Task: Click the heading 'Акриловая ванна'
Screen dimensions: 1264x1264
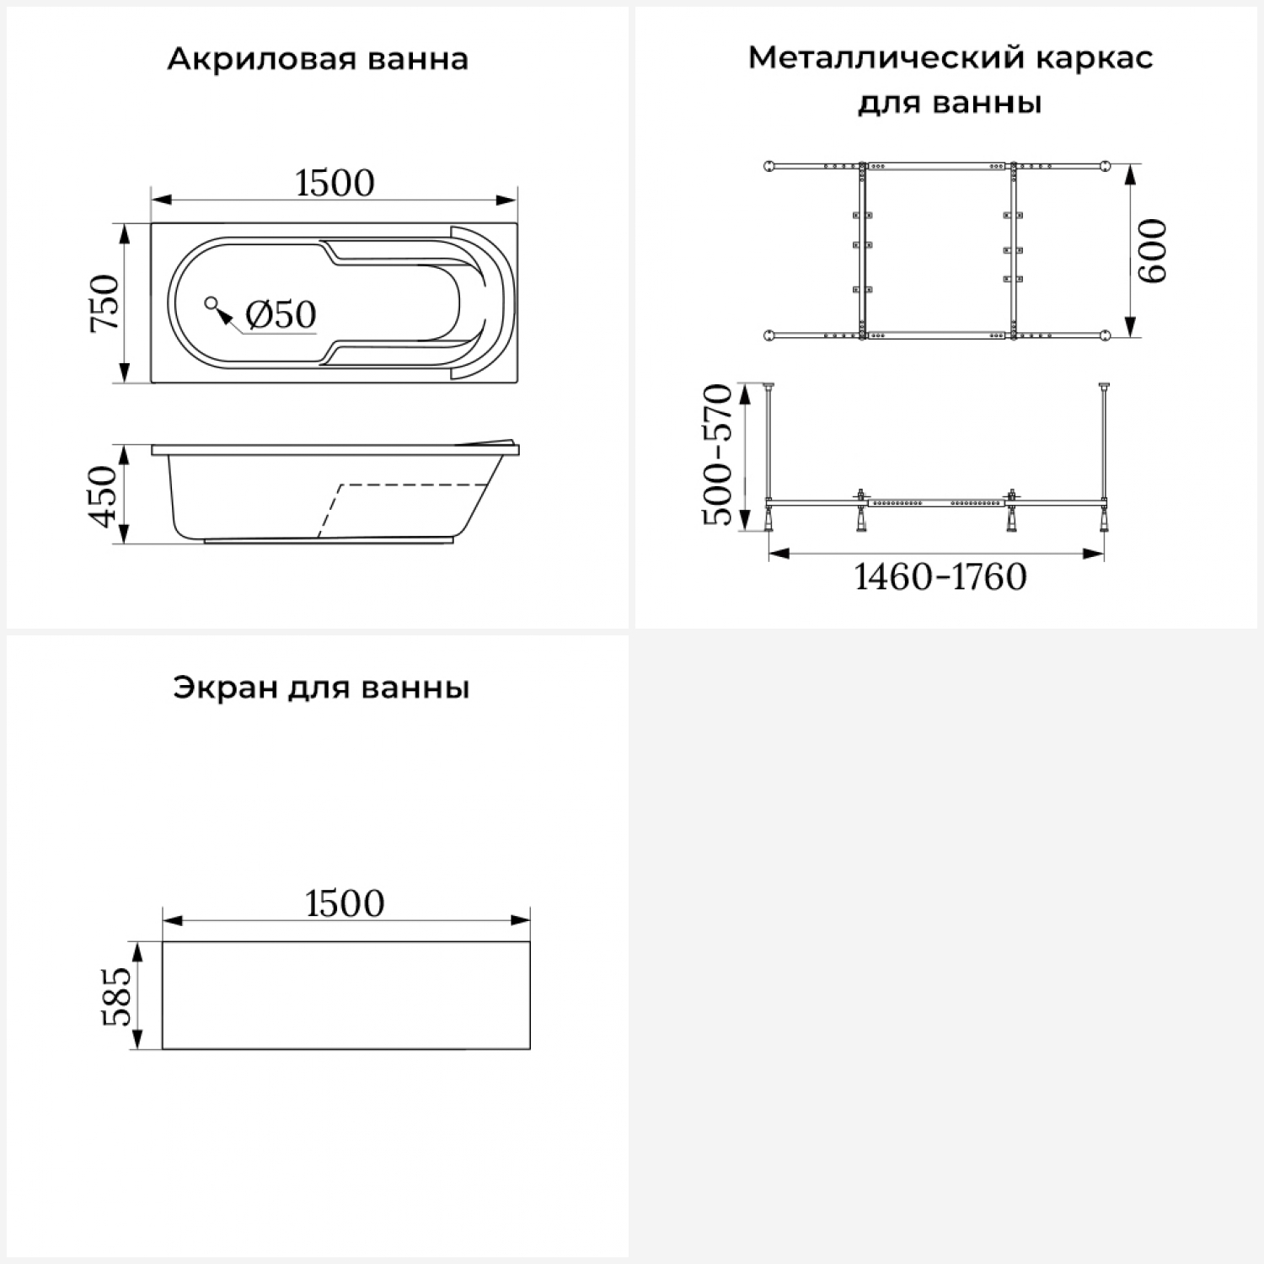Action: (x=317, y=60)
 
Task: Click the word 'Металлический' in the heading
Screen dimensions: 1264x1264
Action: (x=885, y=58)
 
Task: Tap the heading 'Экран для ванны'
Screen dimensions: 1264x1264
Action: (x=321, y=688)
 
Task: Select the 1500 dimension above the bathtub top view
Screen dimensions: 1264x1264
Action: (x=335, y=183)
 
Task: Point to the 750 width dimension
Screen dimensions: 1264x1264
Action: (x=106, y=303)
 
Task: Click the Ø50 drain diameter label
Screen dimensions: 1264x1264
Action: (x=281, y=314)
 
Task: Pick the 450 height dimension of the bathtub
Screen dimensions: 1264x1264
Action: (x=106, y=495)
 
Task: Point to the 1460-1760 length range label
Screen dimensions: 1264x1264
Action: (x=940, y=577)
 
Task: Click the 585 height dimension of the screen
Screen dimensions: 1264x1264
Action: (x=116, y=996)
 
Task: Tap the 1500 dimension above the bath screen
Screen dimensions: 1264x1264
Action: (x=345, y=903)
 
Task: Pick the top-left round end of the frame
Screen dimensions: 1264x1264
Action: (x=769, y=165)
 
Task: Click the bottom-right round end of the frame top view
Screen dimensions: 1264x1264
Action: (x=1104, y=336)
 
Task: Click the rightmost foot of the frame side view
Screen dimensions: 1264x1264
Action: (x=1104, y=520)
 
